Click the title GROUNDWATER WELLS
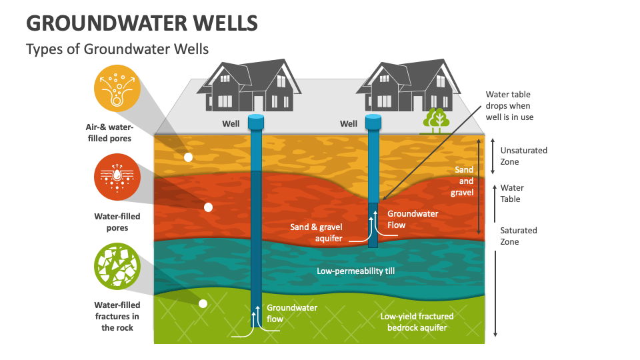coord(141,23)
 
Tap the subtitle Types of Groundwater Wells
coord(117,49)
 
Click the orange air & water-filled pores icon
coord(117,89)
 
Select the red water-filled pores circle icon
coord(117,177)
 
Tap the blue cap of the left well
coord(257,121)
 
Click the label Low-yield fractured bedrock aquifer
coord(417,321)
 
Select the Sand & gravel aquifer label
coord(316,233)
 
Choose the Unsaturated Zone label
coord(523,156)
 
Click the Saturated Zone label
coord(519,236)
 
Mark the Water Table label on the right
coord(512,193)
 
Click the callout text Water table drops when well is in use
coord(509,106)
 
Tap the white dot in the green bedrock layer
coord(203,303)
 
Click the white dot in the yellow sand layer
coord(189,157)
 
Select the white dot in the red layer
coord(208,207)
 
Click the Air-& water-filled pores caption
coord(109,133)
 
